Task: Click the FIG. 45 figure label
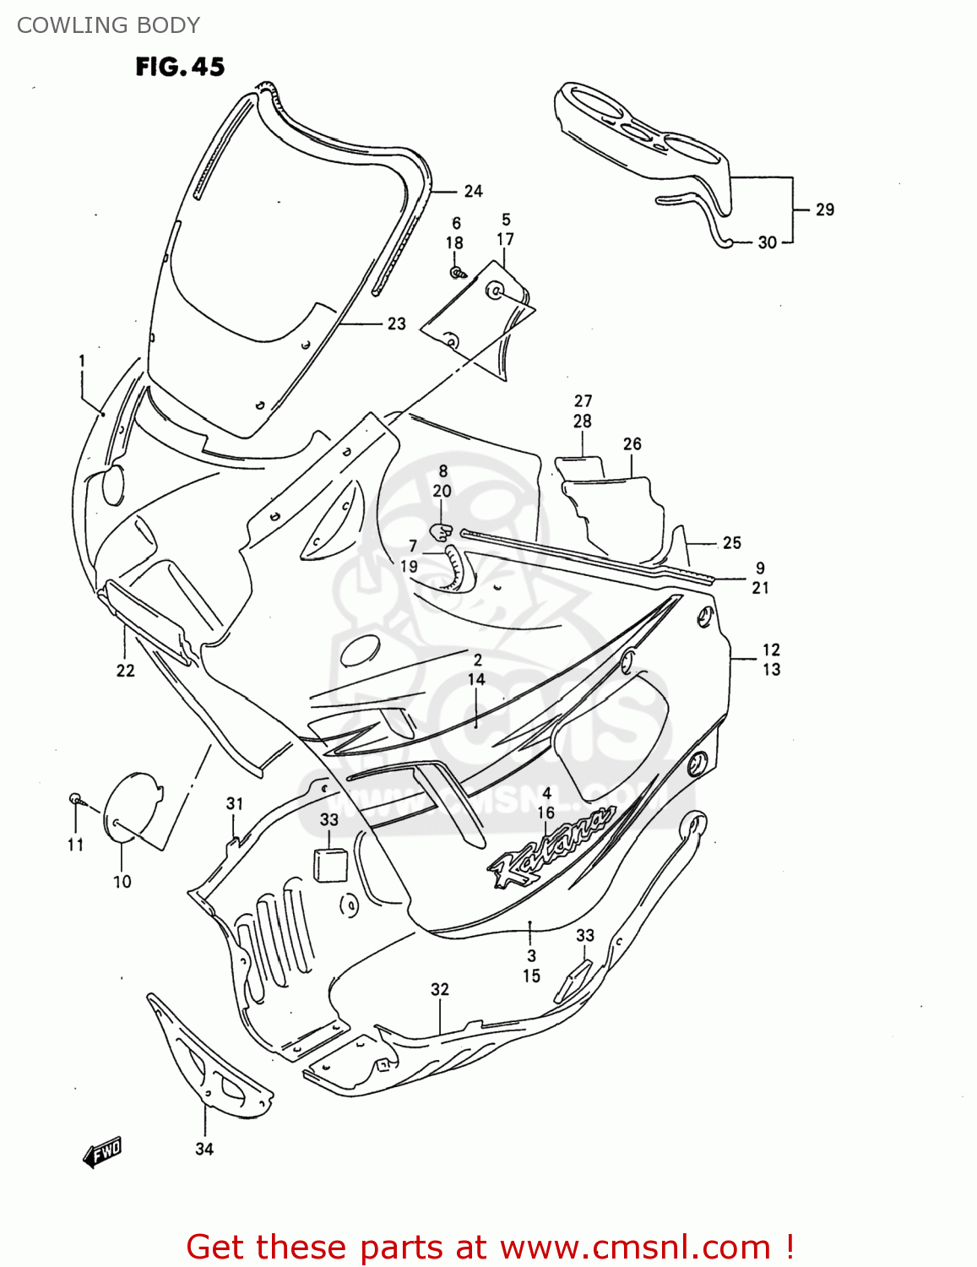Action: (x=180, y=67)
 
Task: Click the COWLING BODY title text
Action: (x=108, y=25)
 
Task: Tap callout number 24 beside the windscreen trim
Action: (x=473, y=192)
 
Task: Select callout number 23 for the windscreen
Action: (x=396, y=324)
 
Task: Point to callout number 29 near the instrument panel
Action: (x=824, y=209)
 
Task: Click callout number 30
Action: (x=767, y=242)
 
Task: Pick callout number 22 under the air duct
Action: (x=125, y=670)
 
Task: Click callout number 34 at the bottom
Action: (x=204, y=1149)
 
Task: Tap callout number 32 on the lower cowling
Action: (x=439, y=989)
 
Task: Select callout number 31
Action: (x=234, y=804)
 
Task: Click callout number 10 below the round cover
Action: (x=122, y=882)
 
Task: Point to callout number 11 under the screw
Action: (x=75, y=845)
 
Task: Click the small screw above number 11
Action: (x=75, y=798)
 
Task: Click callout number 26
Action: (x=632, y=444)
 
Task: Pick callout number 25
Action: (x=731, y=543)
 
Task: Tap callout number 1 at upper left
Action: (x=82, y=362)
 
